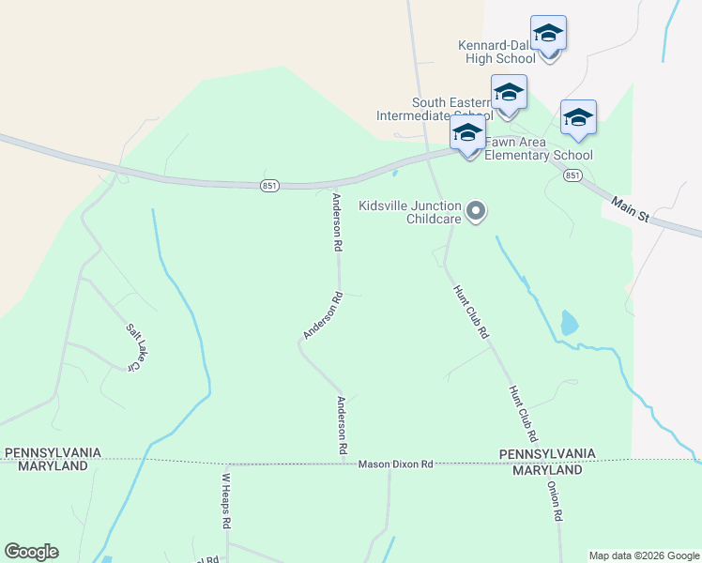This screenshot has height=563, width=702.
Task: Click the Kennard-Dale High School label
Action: [496, 52]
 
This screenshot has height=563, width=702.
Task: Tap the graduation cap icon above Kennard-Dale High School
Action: [548, 34]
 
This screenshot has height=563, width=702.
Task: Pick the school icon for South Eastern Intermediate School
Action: [508, 93]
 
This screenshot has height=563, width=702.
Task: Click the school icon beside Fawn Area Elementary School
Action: [467, 133]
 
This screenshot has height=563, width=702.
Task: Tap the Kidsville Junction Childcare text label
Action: [410, 212]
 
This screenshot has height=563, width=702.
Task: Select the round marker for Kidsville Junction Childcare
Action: [476, 210]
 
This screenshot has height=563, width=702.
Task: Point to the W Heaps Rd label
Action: [226, 499]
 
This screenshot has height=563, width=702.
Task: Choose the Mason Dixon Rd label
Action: [395, 464]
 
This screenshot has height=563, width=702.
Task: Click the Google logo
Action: [31, 552]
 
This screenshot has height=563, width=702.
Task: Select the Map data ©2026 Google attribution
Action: [644, 555]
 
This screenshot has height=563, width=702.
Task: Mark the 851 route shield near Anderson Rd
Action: [269, 187]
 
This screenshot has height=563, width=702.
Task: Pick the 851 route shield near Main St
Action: [573, 175]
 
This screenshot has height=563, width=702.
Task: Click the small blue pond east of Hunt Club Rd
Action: [569, 323]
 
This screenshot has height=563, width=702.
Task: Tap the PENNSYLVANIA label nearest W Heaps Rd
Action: [53, 452]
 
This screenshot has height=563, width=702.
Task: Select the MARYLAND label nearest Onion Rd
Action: [547, 469]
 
